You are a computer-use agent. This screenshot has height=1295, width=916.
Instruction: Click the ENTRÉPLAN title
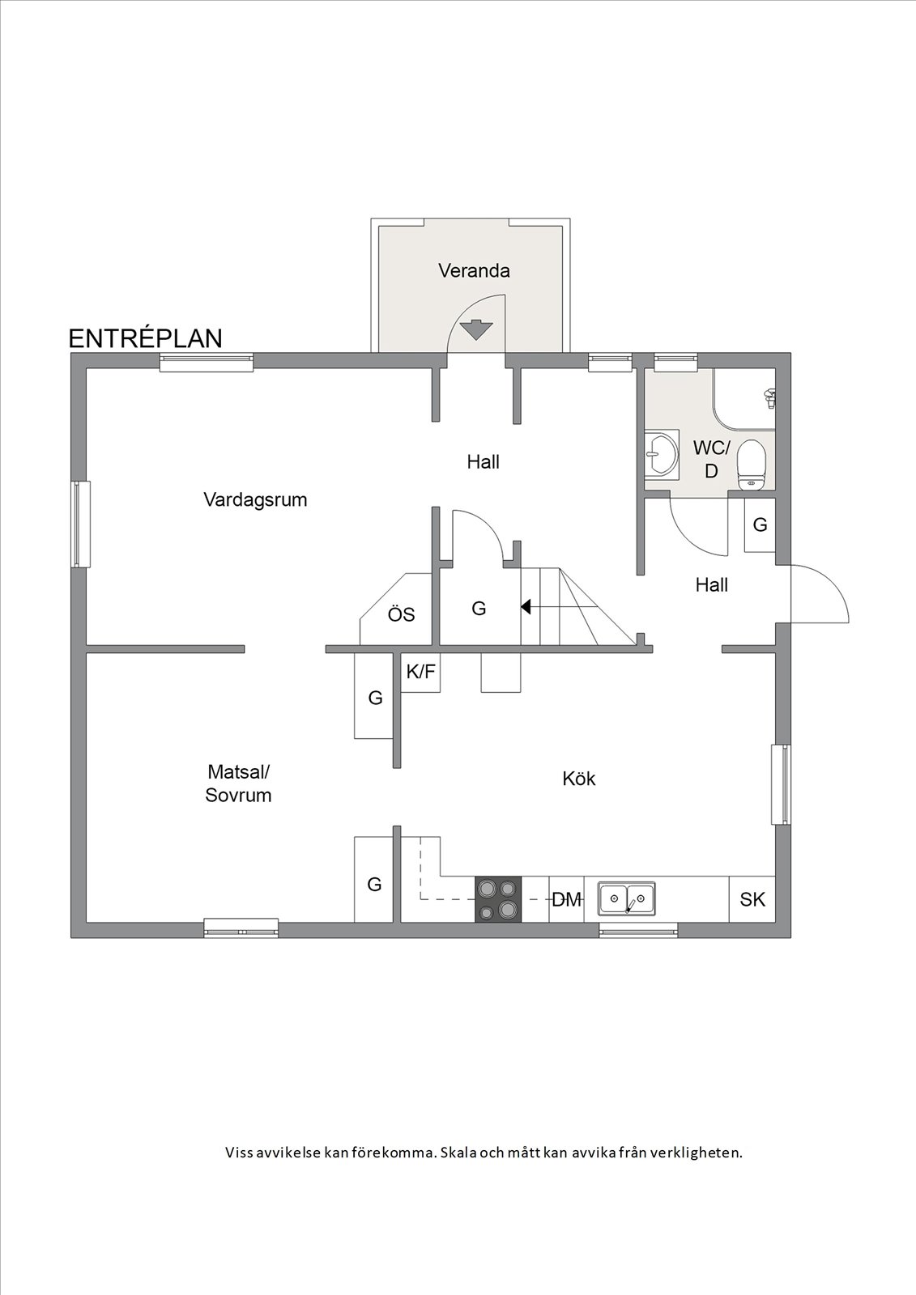click(145, 339)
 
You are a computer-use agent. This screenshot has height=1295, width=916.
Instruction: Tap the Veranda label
click(474, 270)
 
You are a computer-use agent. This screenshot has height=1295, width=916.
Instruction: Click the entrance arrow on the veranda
click(477, 329)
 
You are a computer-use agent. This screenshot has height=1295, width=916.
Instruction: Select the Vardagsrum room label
click(255, 500)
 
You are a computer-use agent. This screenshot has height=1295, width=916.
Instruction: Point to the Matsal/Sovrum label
click(238, 783)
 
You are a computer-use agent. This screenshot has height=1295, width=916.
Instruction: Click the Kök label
click(578, 779)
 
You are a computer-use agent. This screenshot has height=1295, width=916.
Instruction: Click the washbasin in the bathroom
click(662, 453)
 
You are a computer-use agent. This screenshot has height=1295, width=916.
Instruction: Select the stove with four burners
click(498, 899)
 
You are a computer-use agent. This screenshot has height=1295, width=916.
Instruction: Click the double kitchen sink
click(627, 898)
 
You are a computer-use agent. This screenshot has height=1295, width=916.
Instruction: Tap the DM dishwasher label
click(566, 899)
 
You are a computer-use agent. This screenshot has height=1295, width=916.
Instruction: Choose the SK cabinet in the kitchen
click(752, 899)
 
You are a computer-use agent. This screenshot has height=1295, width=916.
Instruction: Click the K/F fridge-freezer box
click(420, 672)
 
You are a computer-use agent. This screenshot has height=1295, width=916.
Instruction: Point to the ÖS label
click(401, 614)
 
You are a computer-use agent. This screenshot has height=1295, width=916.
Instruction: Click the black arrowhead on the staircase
click(526, 607)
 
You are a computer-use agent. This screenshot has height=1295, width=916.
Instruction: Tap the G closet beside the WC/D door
click(760, 524)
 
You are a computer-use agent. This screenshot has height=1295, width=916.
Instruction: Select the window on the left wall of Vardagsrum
click(82, 524)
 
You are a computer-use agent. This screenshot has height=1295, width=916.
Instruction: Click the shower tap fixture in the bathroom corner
click(769, 399)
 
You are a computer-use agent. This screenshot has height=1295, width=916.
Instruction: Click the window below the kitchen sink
click(638, 930)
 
